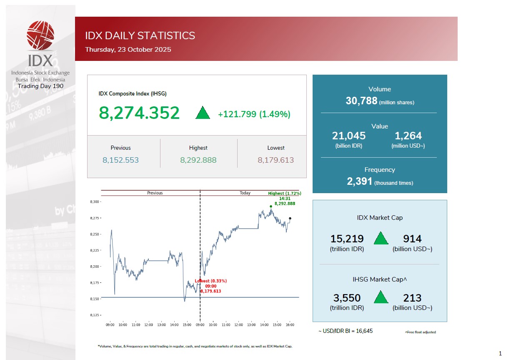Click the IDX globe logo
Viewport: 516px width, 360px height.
point(40,36)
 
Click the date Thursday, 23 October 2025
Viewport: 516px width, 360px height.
point(128,50)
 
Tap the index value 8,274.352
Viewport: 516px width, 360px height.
point(139,113)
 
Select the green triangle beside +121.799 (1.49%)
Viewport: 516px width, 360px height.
point(203,113)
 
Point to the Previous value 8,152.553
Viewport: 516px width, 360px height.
point(120,160)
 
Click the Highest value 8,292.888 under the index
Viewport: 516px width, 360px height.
point(198,160)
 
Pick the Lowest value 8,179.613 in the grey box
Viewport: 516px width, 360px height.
point(276,160)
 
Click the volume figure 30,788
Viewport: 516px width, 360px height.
point(361,101)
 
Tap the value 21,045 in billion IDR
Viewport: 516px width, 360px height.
point(349,136)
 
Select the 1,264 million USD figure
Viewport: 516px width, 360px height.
point(408,136)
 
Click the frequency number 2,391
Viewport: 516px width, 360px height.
point(359,181)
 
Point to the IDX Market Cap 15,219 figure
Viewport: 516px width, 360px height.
point(347,239)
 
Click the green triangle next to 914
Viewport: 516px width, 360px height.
point(381,239)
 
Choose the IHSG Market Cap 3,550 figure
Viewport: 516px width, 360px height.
point(347,298)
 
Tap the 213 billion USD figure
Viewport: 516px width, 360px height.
point(412,298)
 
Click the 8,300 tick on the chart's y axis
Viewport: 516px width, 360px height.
point(95,202)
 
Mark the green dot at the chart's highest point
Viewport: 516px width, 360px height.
point(271,206)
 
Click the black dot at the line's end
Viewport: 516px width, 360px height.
point(290,218)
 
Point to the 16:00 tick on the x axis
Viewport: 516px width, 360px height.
point(290,325)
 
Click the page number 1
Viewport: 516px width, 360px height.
point(500,353)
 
